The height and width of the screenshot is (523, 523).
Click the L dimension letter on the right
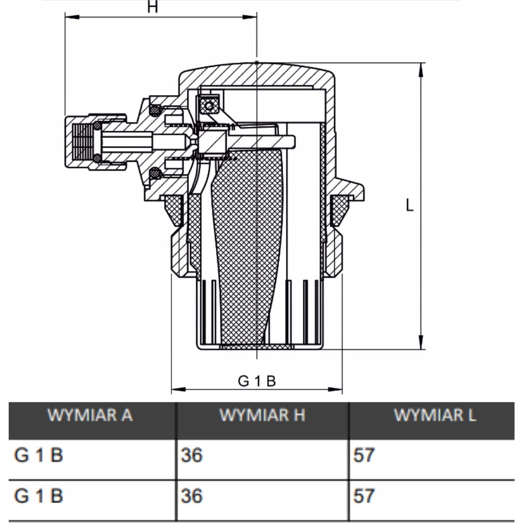click(410, 205)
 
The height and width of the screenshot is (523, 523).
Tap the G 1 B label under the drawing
click(257, 381)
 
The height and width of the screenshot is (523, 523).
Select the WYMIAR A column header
click(90, 415)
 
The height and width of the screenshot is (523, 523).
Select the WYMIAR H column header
click(262, 415)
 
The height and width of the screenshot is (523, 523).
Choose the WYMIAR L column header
click(435, 415)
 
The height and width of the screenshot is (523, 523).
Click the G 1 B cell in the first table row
click(39, 455)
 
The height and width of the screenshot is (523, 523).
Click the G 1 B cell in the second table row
click(39, 496)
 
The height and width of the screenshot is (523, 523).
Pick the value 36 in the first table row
click(192, 455)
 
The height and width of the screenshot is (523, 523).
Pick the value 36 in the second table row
click(192, 496)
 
